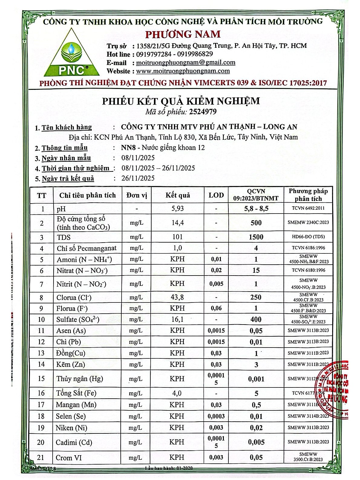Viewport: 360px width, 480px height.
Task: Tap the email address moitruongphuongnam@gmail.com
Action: (x=185, y=63)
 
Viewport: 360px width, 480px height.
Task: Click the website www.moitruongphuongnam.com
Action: (x=183, y=71)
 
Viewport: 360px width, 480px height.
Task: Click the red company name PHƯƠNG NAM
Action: (x=183, y=34)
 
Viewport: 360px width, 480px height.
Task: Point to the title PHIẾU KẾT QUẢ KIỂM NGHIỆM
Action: (x=181, y=101)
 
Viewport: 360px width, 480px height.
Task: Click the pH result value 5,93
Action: (x=177, y=209)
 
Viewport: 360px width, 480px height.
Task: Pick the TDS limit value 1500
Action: (x=256, y=237)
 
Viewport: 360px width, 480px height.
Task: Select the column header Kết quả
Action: (x=178, y=195)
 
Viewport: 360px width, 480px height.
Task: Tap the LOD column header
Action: (x=216, y=195)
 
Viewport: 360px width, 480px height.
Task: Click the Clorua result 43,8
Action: (x=177, y=297)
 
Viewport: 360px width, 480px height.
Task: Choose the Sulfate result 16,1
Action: (x=177, y=319)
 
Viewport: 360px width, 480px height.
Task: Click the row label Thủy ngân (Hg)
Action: (x=80, y=379)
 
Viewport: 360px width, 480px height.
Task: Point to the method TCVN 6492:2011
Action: (x=308, y=208)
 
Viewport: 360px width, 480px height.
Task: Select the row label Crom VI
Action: (x=69, y=458)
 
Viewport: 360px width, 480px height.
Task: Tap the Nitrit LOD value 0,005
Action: (x=216, y=284)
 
